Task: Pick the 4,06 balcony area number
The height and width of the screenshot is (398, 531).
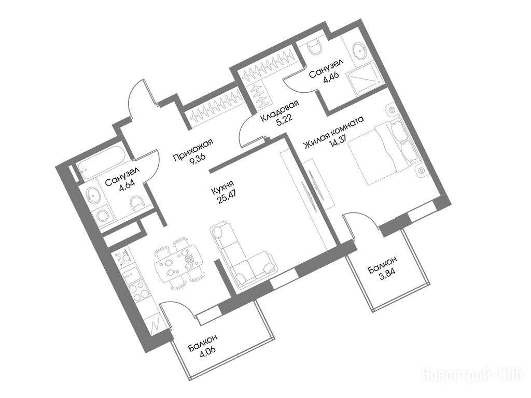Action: click(x=208, y=354)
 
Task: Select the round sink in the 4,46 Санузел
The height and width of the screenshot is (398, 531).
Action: click(x=360, y=51)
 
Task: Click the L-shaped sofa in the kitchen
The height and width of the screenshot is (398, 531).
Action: click(x=242, y=255)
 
